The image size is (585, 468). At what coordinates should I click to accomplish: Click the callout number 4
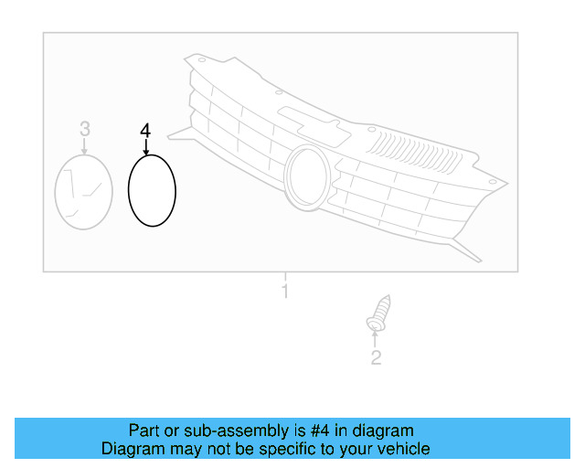144,131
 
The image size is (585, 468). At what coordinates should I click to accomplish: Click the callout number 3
84,129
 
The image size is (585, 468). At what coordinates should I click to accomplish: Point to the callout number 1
284,292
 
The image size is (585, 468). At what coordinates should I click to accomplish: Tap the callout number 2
376,358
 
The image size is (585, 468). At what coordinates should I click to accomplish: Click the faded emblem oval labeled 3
84,191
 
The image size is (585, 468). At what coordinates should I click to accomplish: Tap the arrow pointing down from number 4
144,146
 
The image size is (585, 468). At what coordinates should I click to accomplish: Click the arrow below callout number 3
84,146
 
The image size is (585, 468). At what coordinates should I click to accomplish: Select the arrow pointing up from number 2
376,340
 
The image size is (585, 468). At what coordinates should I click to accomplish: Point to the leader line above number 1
284,276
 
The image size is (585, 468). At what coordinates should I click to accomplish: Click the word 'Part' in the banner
144,431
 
